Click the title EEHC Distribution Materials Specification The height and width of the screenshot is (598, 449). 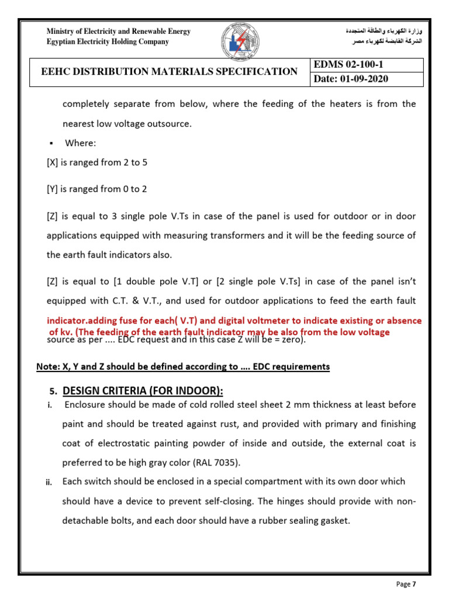tap(168, 72)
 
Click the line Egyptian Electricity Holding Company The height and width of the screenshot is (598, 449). tap(108, 41)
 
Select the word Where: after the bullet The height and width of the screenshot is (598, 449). tap(81, 143)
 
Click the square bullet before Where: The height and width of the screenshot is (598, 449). tap(51, 144)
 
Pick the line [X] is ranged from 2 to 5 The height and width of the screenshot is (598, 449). tap(97, 163)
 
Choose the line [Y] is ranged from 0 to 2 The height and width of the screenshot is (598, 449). tap(97, 189)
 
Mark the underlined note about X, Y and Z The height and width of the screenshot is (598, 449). tap(183, 367)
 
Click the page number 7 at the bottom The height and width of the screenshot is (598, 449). tap(414, 584)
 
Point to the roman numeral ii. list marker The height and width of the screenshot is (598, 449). tap(50, 482)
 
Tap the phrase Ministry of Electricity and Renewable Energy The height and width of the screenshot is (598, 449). tap(119, 32)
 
